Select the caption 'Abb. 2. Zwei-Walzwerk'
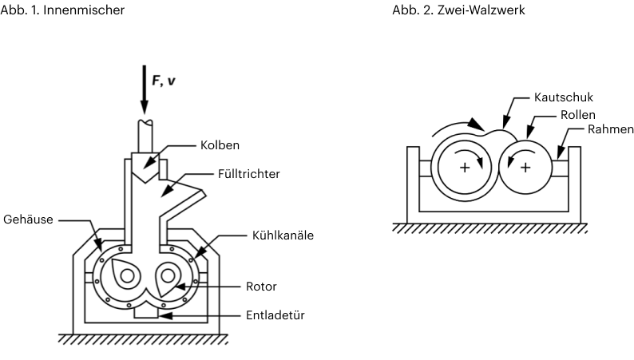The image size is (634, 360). click(446, 9)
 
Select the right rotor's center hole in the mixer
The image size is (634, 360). click(168, 275)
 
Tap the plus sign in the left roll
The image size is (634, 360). click(464, 168)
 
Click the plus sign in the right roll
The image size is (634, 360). click(525, 168)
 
